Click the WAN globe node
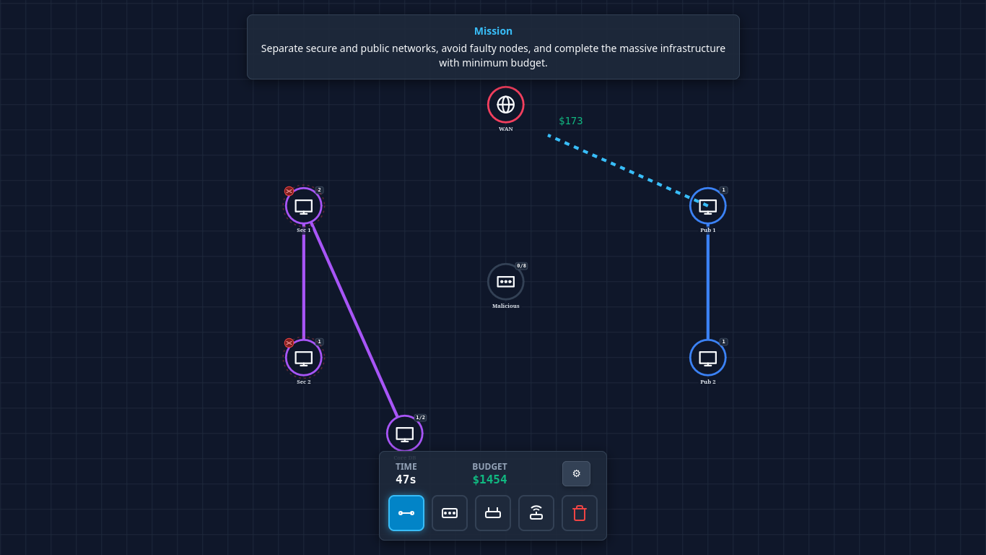point(505,105)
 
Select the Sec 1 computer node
point(304,206)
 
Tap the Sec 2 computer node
point(304,358)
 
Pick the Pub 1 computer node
point(707,206)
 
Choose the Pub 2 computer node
point(707,358)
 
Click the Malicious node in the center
point(505,282)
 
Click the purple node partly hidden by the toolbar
point(405,433)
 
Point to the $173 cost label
point(570,121)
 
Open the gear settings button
point(576,473)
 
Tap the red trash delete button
point(579,513)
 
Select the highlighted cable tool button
point(406,513)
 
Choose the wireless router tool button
point(536,513)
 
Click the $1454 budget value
point(489,479)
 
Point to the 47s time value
point(406,479)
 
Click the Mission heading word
point(493,31)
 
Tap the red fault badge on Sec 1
point(289,192)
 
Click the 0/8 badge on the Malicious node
point(521,266)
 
